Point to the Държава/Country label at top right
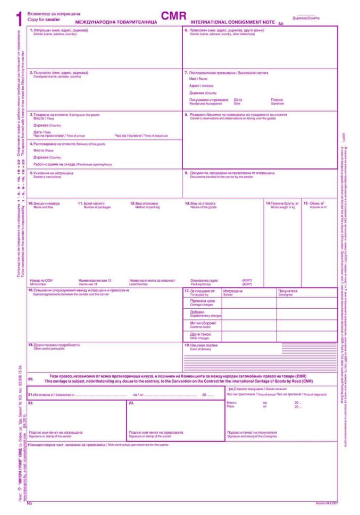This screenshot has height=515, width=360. [x=306, y=18]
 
